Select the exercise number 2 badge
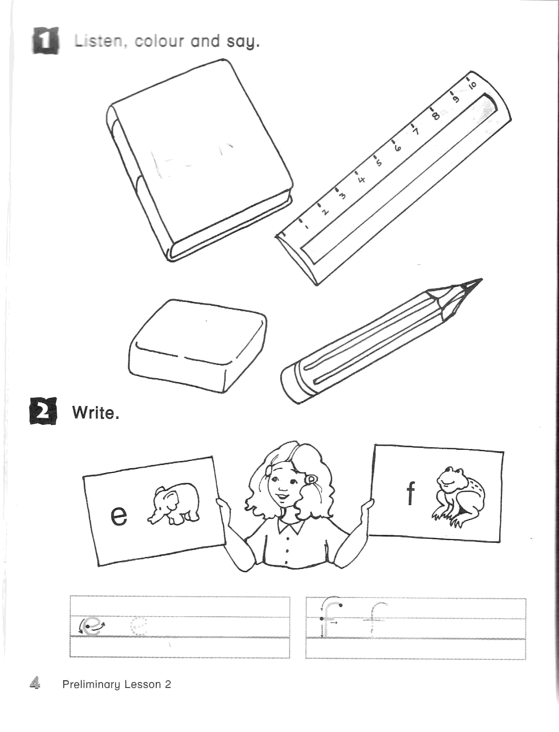43,411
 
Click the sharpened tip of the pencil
481,280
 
